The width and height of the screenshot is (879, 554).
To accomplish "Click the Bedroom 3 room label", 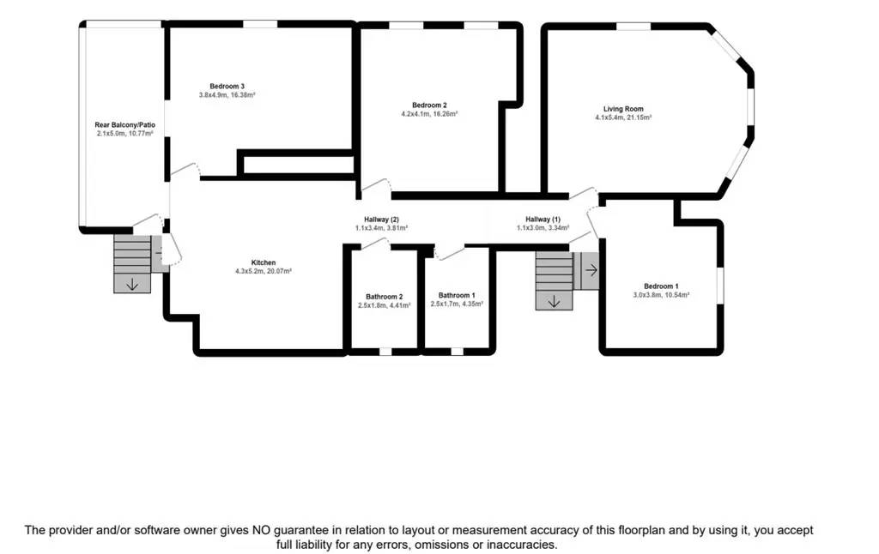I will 227,86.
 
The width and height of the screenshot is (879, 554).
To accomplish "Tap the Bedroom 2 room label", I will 429,105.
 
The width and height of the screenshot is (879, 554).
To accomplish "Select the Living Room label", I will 623,109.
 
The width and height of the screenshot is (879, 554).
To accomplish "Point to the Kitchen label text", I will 264,262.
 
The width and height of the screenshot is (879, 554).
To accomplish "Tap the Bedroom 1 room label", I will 661,286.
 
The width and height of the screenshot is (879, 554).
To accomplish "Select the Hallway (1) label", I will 543,219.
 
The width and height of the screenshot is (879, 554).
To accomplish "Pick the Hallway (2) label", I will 382,219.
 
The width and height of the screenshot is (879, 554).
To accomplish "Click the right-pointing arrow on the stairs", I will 591,270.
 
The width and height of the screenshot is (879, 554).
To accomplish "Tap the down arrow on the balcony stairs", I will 131,284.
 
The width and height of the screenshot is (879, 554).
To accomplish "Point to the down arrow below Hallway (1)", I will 554,300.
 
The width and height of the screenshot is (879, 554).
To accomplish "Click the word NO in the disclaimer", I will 263,530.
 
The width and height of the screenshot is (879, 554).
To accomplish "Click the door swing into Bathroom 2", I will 374,244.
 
